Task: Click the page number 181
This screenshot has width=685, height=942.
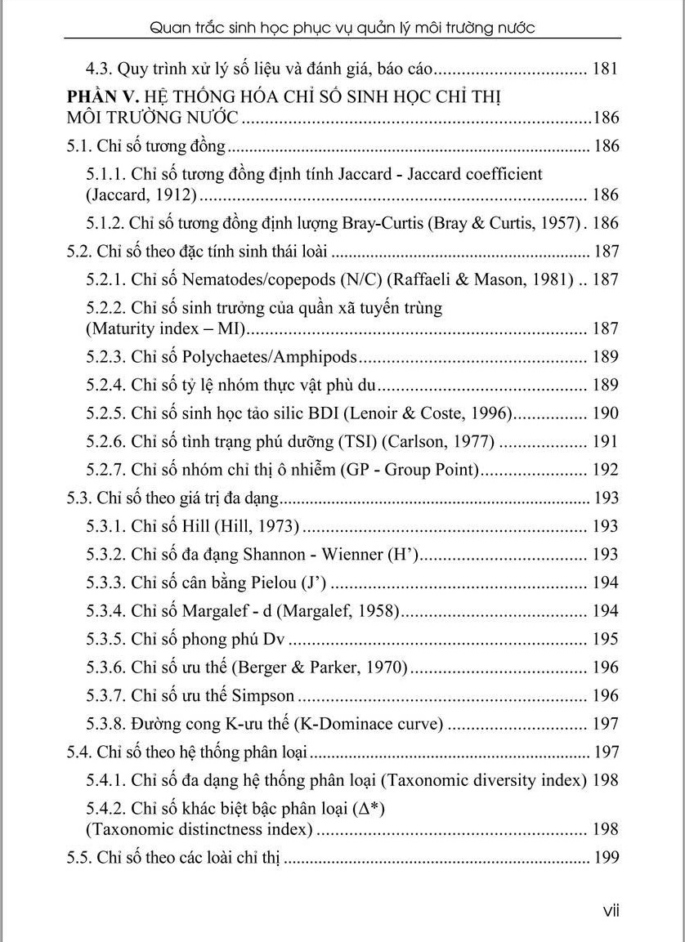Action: click(x=604, y=69)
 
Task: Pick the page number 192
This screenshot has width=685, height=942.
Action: click(x=604, y=470)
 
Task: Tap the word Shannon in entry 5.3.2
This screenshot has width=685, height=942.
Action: click(x=274, y=555)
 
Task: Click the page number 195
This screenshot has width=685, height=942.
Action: click(x=604, y=639)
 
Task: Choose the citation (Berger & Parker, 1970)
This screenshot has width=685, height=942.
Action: click(x=320, y=667)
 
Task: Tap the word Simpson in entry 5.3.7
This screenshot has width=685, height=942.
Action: click(x=263, y=696)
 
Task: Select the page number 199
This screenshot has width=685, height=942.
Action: click(x=604, y=858)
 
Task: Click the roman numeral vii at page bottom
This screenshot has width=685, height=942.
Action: click(x=611, y=910)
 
